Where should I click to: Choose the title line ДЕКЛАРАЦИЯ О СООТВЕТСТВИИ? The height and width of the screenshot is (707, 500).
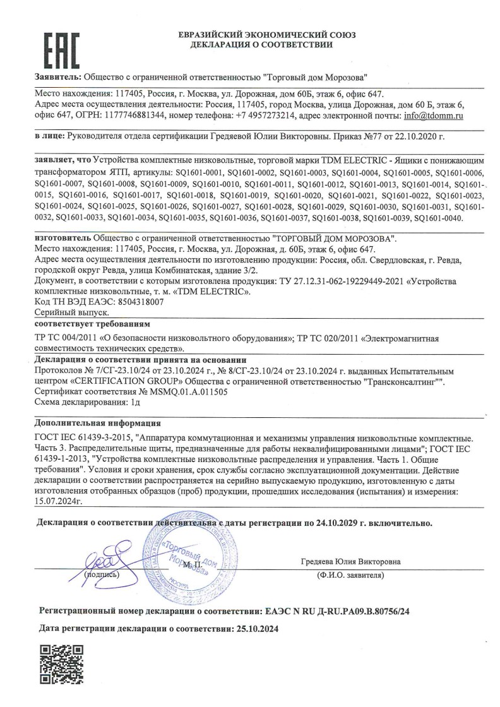point(260,45)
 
